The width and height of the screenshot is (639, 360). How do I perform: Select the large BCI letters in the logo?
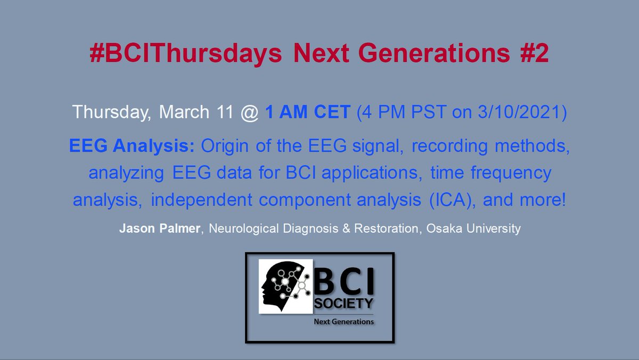coord(343,282)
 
